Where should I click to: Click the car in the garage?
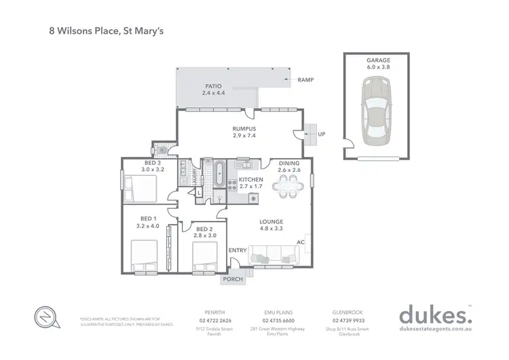[x=375, y=111]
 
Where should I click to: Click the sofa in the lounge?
[x=274, y=255]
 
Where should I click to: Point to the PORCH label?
[x=233, y=278]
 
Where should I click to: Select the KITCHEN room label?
[x=250, y=179]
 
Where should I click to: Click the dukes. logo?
[x=432, y=315]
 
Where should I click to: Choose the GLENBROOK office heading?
[x=350, y=312]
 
